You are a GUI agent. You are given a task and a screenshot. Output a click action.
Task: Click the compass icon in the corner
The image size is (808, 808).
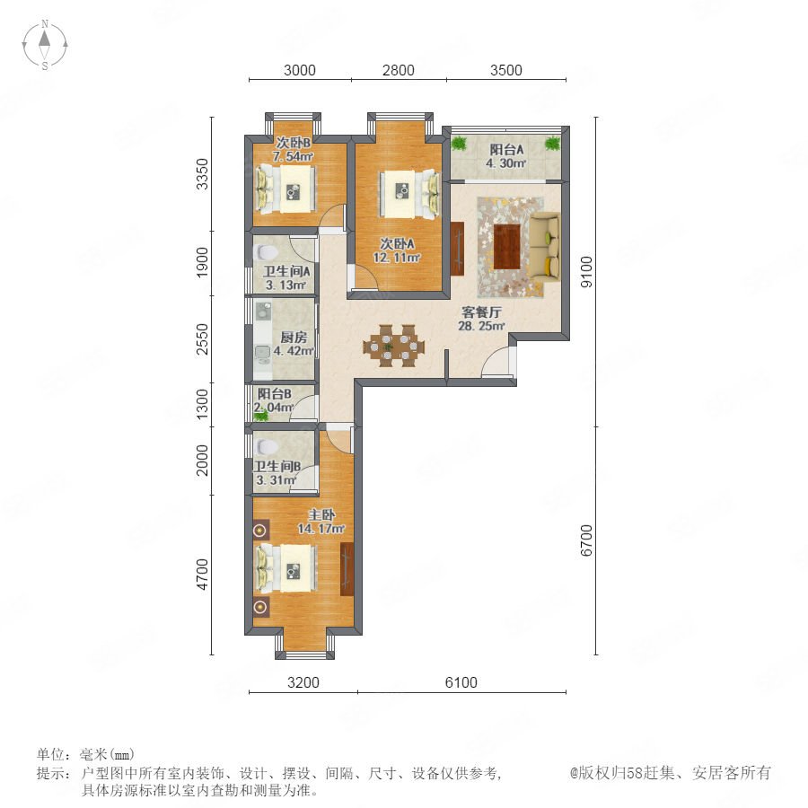click(45, 45)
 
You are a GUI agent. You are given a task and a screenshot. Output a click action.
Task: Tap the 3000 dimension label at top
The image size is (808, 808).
click(299, 70)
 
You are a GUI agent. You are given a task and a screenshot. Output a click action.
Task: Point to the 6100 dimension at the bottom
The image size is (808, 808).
click(461, 682)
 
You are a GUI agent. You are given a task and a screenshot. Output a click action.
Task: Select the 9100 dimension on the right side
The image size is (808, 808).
click(586, 271)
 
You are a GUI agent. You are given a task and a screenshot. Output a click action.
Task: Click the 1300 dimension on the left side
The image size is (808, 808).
click(202, 404)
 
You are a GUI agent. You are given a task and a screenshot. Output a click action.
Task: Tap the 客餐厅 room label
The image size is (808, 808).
click(481, 312)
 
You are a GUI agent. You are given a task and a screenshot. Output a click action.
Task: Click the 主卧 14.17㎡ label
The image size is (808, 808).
click(321, 522)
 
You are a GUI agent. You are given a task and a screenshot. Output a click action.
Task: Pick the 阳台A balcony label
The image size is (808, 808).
click(506, 150)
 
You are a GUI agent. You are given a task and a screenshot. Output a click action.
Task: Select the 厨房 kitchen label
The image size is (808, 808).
click(294, 338)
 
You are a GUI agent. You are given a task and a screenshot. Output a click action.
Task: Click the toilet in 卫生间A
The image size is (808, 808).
click(267, 252)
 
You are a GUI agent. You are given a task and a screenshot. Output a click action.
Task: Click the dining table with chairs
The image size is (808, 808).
click(394, 346)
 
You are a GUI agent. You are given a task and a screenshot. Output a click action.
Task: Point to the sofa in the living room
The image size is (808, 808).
click(545, 247)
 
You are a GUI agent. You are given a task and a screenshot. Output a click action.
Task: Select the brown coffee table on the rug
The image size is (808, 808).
click(507, 247)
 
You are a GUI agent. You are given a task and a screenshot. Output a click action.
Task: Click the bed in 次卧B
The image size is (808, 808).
click(286, 189)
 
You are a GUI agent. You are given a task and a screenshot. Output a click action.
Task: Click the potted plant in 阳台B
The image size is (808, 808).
click(262, 415)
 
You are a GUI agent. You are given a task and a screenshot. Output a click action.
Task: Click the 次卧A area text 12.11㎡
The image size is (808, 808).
click(397, 257)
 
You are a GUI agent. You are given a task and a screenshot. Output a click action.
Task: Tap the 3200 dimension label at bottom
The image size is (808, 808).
click(303, 682)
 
